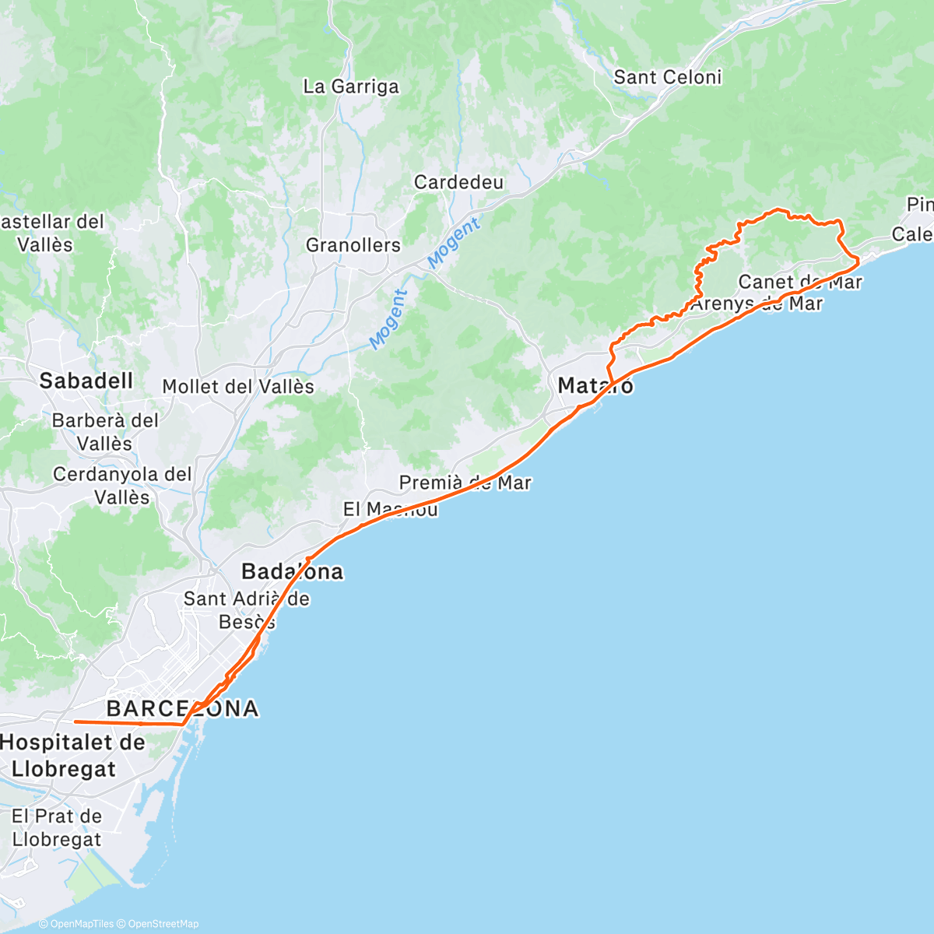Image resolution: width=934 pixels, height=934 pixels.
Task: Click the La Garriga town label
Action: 351,86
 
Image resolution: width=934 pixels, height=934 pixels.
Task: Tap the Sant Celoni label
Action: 668,77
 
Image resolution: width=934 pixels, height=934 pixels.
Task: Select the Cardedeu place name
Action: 459,182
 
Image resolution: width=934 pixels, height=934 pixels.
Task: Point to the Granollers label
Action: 353,245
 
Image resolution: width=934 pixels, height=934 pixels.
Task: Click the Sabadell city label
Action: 86,381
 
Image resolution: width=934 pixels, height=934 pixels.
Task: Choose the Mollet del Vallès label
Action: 238,387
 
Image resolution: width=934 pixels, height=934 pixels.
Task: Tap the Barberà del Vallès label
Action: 105,432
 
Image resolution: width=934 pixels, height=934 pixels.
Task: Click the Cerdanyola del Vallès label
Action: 122,485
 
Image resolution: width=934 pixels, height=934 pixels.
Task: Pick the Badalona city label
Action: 292,571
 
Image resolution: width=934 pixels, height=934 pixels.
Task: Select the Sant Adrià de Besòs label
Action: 246,610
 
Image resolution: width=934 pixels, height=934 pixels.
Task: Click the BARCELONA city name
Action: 182,708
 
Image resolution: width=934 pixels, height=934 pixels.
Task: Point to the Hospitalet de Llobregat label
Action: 72,755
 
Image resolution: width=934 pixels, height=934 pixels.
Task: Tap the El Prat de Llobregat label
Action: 57,827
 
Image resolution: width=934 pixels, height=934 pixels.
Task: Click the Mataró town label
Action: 595,385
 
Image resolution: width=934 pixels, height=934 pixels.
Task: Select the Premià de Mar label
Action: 465,483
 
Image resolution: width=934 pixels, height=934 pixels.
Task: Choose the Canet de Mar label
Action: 800,282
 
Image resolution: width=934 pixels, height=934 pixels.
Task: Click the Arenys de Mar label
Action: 757,303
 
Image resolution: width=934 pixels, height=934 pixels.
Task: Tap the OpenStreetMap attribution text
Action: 163,924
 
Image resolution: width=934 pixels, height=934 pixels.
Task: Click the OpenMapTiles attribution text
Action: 82,924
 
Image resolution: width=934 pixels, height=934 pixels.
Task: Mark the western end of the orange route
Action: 75,722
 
